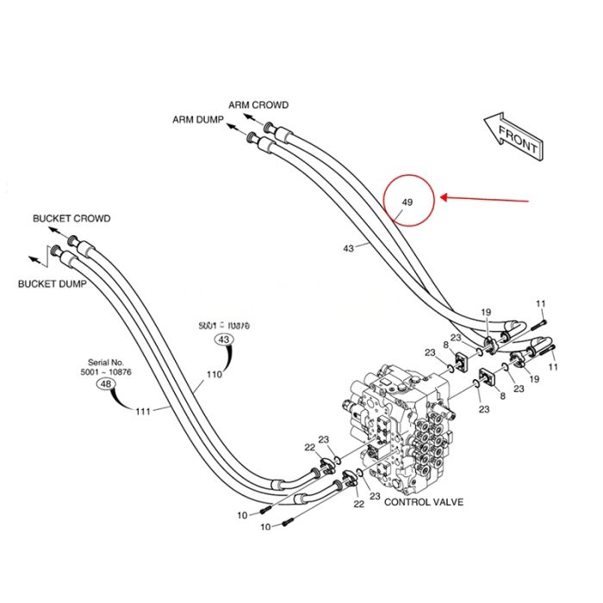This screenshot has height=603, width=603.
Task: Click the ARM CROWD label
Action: tap(258, 105)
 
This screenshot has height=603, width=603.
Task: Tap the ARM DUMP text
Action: tap(198, 120)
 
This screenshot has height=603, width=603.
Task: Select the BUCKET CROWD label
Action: tap(71, 219)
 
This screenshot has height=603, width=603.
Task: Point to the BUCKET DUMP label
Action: tap(52, 283)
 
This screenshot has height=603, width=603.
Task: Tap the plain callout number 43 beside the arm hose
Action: tap(348, 248)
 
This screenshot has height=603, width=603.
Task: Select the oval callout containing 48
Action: tap(106, 384)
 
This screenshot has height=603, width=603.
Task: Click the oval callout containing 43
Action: tap(224, 340)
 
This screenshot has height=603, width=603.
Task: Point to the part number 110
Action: tap(214, 375)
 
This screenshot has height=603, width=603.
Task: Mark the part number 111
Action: tap(142, 411)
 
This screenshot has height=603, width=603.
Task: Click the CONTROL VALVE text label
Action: tap(424, 501)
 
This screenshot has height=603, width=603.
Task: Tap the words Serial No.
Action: tap(106, 363)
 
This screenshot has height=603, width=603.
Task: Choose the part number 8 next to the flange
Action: tap(445, 345)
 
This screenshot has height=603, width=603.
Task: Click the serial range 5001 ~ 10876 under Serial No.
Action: tap(106, 372)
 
